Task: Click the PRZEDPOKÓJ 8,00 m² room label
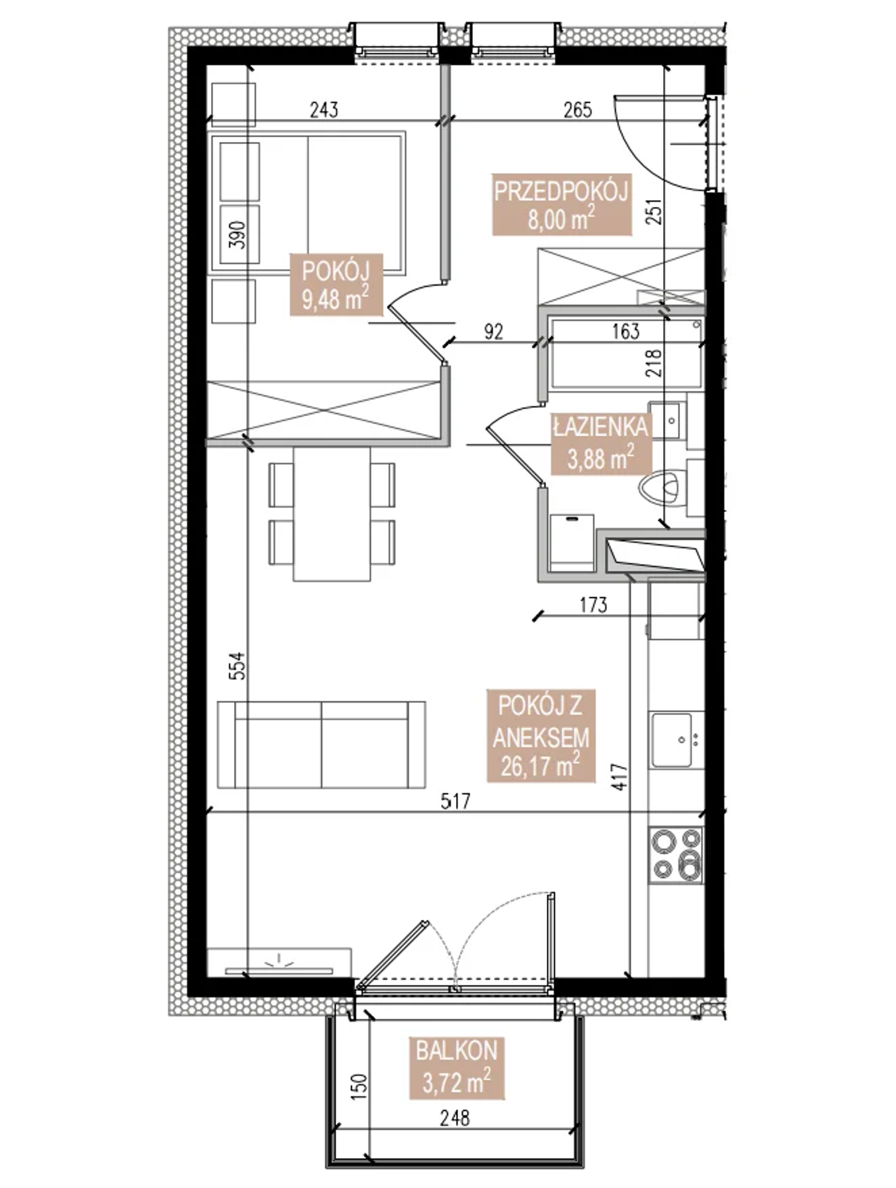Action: (x=562, y=205)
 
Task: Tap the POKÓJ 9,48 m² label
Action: (x=336, y=285)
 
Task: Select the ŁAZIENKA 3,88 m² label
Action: (x=599, y=444)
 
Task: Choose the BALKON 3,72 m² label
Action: (x=457, y=1068)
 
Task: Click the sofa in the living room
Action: (x=321, y=745)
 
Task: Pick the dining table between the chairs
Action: (x=332, y=514)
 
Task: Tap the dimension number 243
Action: (x=324, y=110)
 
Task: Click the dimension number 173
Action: (x=594, y=605)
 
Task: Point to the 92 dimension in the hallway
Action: (x=494, y=332)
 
